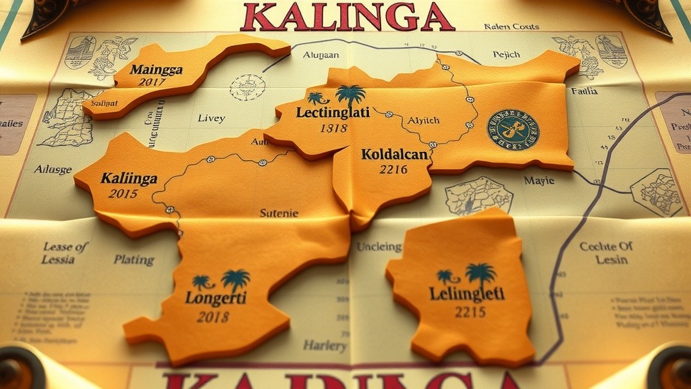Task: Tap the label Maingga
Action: click(157, 70)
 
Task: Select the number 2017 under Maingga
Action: click(152, 82)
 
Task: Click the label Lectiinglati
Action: click(333, 112)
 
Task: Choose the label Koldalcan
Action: click(395, 155)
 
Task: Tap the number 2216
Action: click(393, 170)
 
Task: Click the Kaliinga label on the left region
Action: click(129, 179)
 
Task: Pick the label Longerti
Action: click(216, 298)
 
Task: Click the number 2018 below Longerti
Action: click(213, 316)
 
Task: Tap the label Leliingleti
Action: click(466, 294)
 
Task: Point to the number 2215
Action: click(470, 312)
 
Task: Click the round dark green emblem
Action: click(513, 130)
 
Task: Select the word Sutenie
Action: click(279, 213)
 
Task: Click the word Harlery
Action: click(325, 346)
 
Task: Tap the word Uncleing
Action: click(379, 247)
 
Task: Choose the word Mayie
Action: click(539, 180)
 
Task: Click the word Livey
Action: click(211, 118)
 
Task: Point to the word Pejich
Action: click(506, 54)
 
